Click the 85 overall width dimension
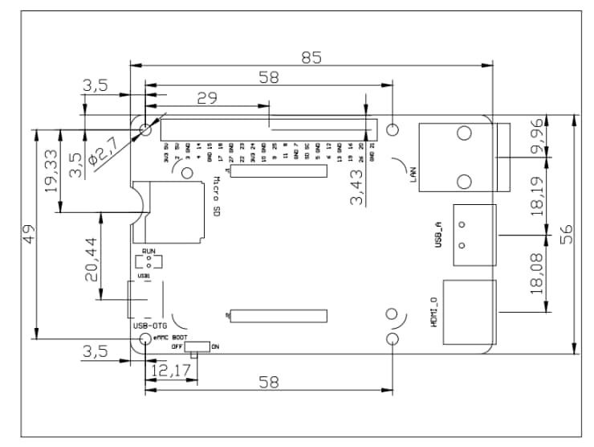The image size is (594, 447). [x=311, y=57]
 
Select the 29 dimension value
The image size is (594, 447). [x=208, y=98]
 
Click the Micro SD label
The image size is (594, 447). [x=217, y=197]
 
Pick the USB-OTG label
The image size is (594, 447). [x=149, y=326]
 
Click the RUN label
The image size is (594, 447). [x=148, y=252]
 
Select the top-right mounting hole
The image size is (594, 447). [x=393, y=130]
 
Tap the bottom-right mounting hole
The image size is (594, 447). [x=393, y=340]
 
